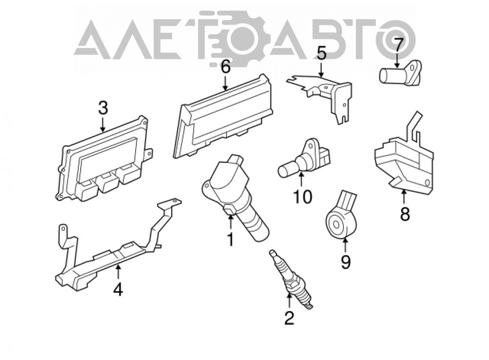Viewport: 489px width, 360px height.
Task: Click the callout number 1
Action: point(230,240)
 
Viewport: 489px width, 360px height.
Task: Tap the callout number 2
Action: point(289,318)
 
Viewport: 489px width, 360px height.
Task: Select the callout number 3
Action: point(103,108)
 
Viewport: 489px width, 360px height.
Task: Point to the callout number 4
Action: point(118,290)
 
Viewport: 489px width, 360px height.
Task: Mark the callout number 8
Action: point(404,214)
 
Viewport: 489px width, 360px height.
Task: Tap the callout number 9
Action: point(345,262)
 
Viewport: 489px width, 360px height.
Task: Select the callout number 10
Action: point(303,197)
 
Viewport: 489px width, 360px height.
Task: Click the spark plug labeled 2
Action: point(290,279)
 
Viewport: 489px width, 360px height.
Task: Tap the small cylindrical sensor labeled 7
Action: point(400,73)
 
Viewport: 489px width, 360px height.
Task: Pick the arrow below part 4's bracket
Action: point(118,272)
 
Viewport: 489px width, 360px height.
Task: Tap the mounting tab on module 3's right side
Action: point(149,154)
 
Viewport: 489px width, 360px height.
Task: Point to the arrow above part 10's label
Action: point(301,180)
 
